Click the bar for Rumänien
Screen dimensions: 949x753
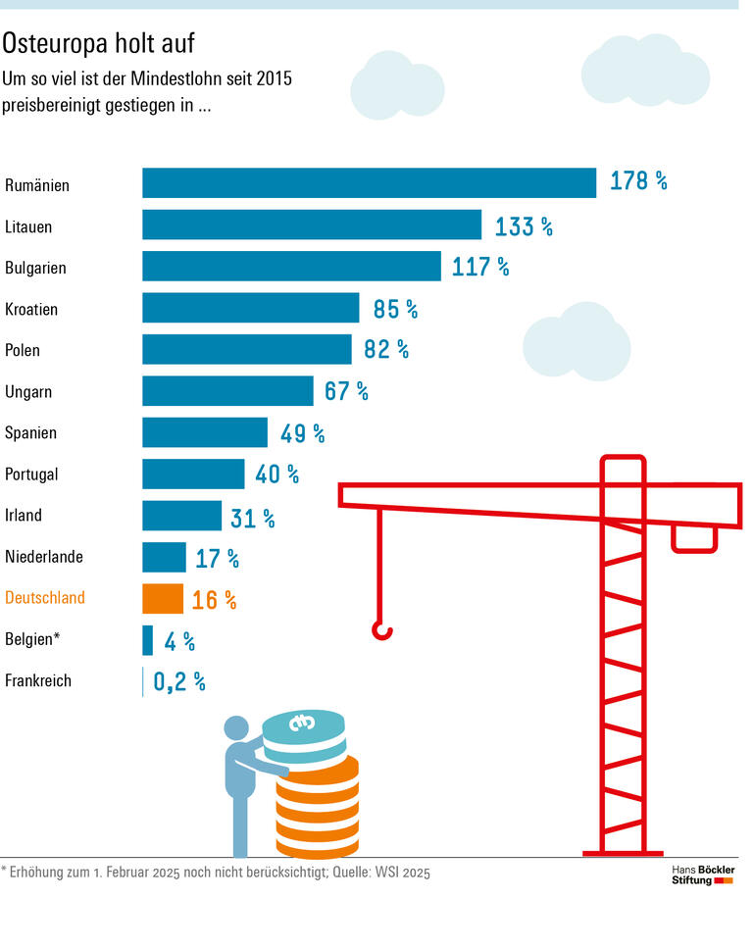(x=369, y=183)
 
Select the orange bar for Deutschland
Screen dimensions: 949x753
(x=163, y=599)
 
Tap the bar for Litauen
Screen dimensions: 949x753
(x=312, y=225)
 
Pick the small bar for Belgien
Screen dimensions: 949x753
(x=148, y=640)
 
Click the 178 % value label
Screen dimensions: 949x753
(x=638, y=181)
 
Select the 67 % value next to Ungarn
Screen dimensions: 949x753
(x=346, y=392)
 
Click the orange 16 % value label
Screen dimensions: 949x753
(x=214, y=600)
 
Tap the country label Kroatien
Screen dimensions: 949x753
(x=31, y=309)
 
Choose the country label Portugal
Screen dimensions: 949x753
(x=31, y=474)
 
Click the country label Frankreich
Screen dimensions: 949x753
(x=38, y=680)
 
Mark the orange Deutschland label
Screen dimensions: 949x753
(x=45, y=598)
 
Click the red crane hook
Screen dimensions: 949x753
(x=381, y=628)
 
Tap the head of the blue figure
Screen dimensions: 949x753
(x=237, y=729)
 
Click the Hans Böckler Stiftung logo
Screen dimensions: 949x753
(x=702, y=875)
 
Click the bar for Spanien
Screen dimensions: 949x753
(x=205, y=432)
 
